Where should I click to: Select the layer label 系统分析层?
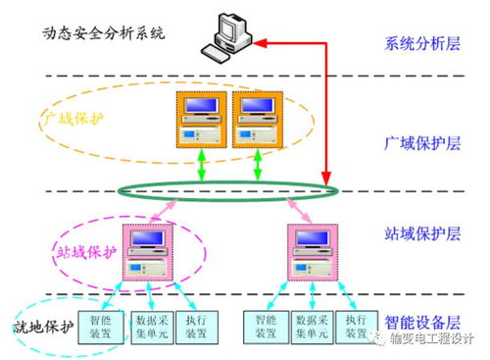(x=421, y=44)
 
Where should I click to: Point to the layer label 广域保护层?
(x=421, y=143)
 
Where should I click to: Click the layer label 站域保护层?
(x=421, y=234)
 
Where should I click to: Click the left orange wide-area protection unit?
(x=203, y=122)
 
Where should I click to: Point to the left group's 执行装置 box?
(x=197, y=326)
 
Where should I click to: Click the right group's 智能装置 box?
(x=265, y=326)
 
